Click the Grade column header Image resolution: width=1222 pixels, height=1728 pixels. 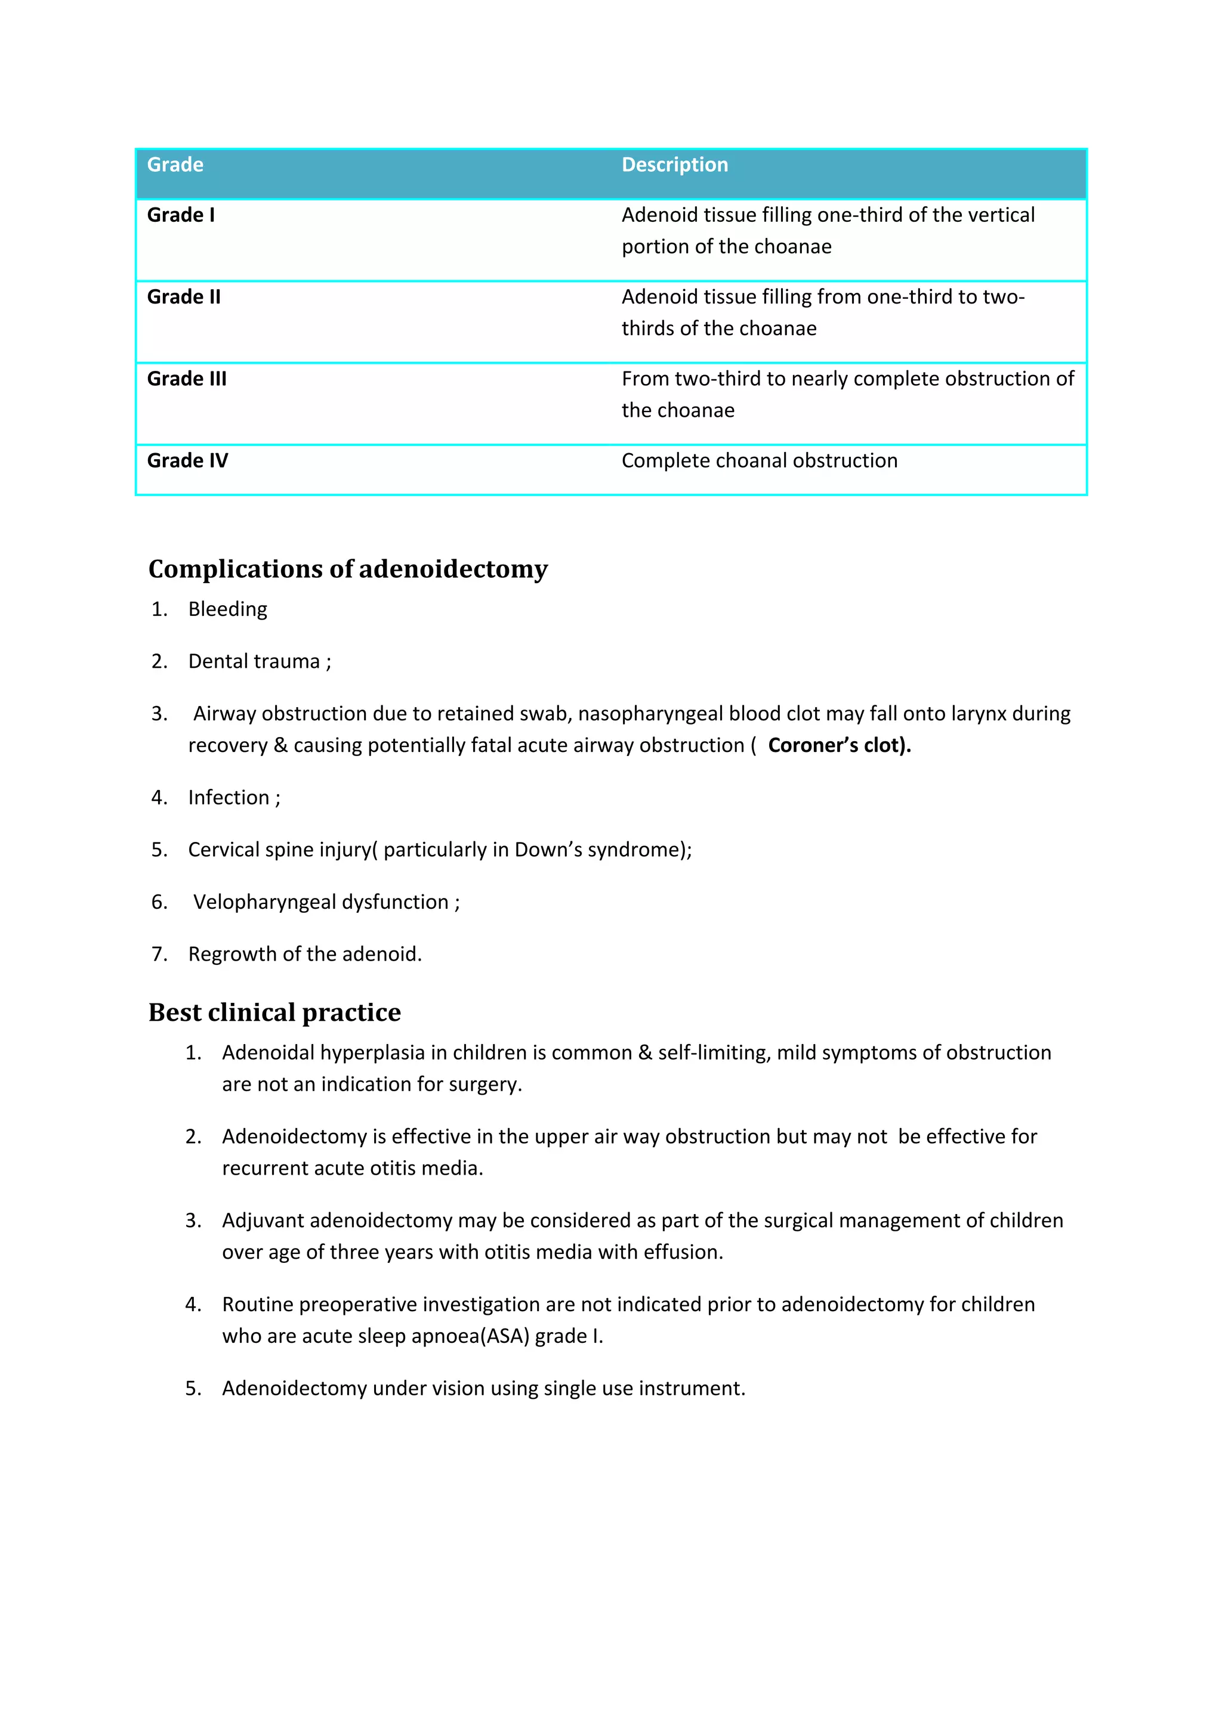pos(175,165)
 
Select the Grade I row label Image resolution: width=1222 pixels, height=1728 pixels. pos(181,215)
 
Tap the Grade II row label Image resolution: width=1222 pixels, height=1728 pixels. pos(184,298)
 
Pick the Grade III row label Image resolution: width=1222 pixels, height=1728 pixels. pos(187,379)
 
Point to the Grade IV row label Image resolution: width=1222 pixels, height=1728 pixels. pos(187,460)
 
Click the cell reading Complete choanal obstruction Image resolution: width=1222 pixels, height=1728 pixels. pos(759,460)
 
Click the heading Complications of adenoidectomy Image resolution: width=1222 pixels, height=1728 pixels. pos(348,569)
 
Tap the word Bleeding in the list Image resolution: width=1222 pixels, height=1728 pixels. pos(227,609)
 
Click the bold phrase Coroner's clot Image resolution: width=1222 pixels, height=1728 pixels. pos(839,745)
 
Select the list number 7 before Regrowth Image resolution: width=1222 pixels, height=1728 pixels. pos(159,954)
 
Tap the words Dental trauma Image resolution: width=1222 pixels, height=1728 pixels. pos(254,661)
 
